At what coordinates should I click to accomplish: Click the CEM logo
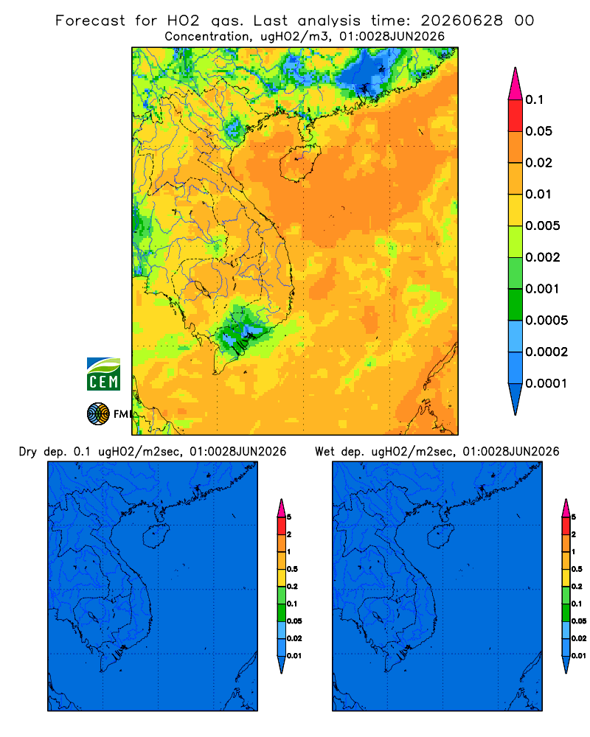click(103, 374)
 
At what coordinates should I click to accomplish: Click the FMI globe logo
click(98, 413)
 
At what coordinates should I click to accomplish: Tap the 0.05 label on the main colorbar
click(538, 131)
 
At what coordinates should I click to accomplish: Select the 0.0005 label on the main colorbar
click(546, 320)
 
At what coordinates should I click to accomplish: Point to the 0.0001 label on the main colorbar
click(546, 383)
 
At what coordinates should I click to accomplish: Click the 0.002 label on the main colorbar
click(543, 257)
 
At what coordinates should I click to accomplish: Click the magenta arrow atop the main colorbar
click(516, 83)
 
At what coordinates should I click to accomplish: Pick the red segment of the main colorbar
click(516, 115)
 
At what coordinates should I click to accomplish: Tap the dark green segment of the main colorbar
click(516, 304)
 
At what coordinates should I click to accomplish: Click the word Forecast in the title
click(90, 21)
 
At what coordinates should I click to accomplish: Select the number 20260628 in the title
click(462, 21)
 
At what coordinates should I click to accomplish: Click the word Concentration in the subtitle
click(207, 37)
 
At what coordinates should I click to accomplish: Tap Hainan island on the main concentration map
click(299, 163)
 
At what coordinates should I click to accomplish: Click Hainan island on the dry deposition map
click(156, 537)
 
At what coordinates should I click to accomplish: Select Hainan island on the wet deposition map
click(440, 537)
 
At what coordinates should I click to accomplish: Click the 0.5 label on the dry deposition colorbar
click(292, 569)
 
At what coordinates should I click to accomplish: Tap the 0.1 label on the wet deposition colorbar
click(577, 604)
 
